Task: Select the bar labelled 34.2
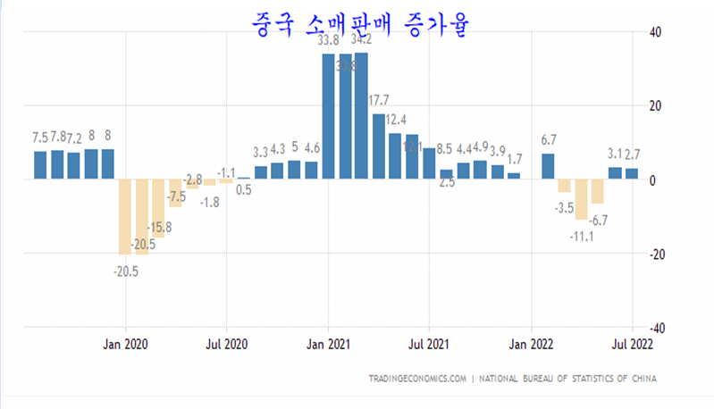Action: coord(361,116)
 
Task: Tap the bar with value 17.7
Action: coord(379,146)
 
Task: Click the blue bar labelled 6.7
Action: coord(548,166)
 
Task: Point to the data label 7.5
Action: coord(40,138)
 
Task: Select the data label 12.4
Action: coord(396,120)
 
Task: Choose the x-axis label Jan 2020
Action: coord(126,344)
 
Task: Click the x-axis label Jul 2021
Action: coord(430,344)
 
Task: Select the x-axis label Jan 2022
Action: coord(532,344)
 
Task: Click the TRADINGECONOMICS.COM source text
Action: coord(416,379)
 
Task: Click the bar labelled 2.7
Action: coord(631,173)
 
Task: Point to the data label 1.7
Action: coord(514,159)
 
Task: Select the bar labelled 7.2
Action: coord(73,165)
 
